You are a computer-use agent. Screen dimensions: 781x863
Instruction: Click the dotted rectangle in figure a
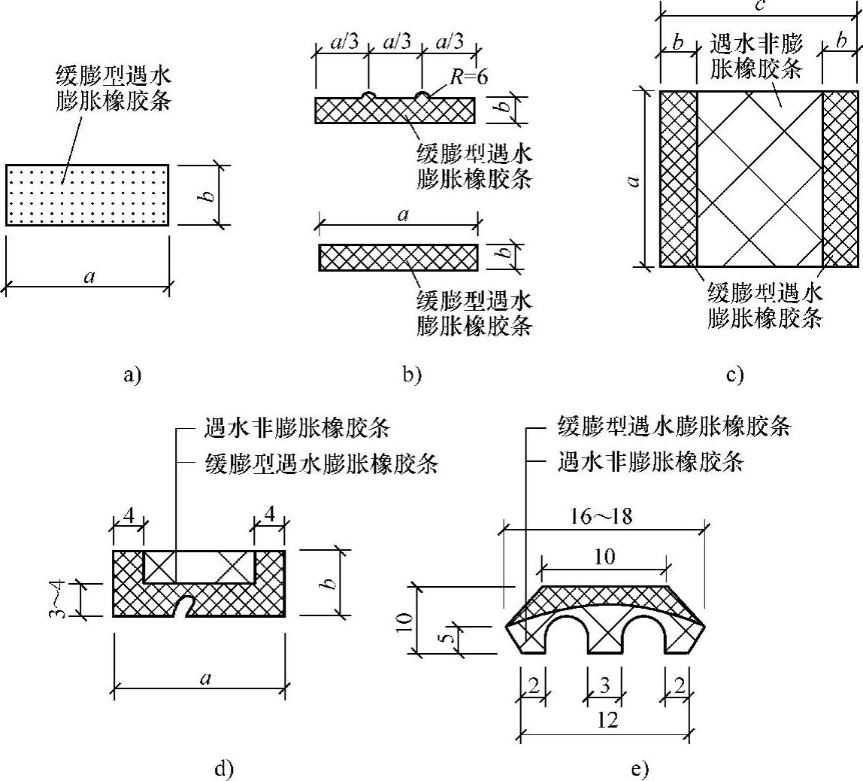point(87,195)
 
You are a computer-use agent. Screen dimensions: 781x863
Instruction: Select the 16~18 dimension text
point(599,518)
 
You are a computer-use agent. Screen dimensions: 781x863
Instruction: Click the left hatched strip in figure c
point(678,178)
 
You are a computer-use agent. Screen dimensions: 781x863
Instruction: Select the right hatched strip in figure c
point(840,178)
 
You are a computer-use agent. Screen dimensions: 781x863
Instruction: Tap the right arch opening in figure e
point(643,637)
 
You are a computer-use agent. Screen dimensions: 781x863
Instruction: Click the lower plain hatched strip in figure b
point(398,257)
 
